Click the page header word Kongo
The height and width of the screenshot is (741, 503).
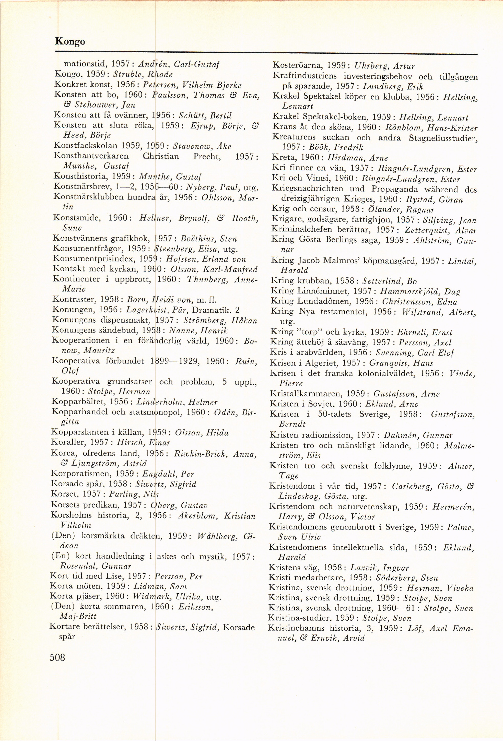coord(70,41)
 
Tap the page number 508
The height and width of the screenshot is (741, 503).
coord(57,657)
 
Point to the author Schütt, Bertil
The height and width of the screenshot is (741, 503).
coord(205,115)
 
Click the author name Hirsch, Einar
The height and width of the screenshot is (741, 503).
coord(144,443)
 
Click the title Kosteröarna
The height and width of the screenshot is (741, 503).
coord(296,66)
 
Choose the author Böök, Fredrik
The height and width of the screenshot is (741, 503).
coord(334,147)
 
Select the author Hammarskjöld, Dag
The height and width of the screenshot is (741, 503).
coord(420,291)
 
